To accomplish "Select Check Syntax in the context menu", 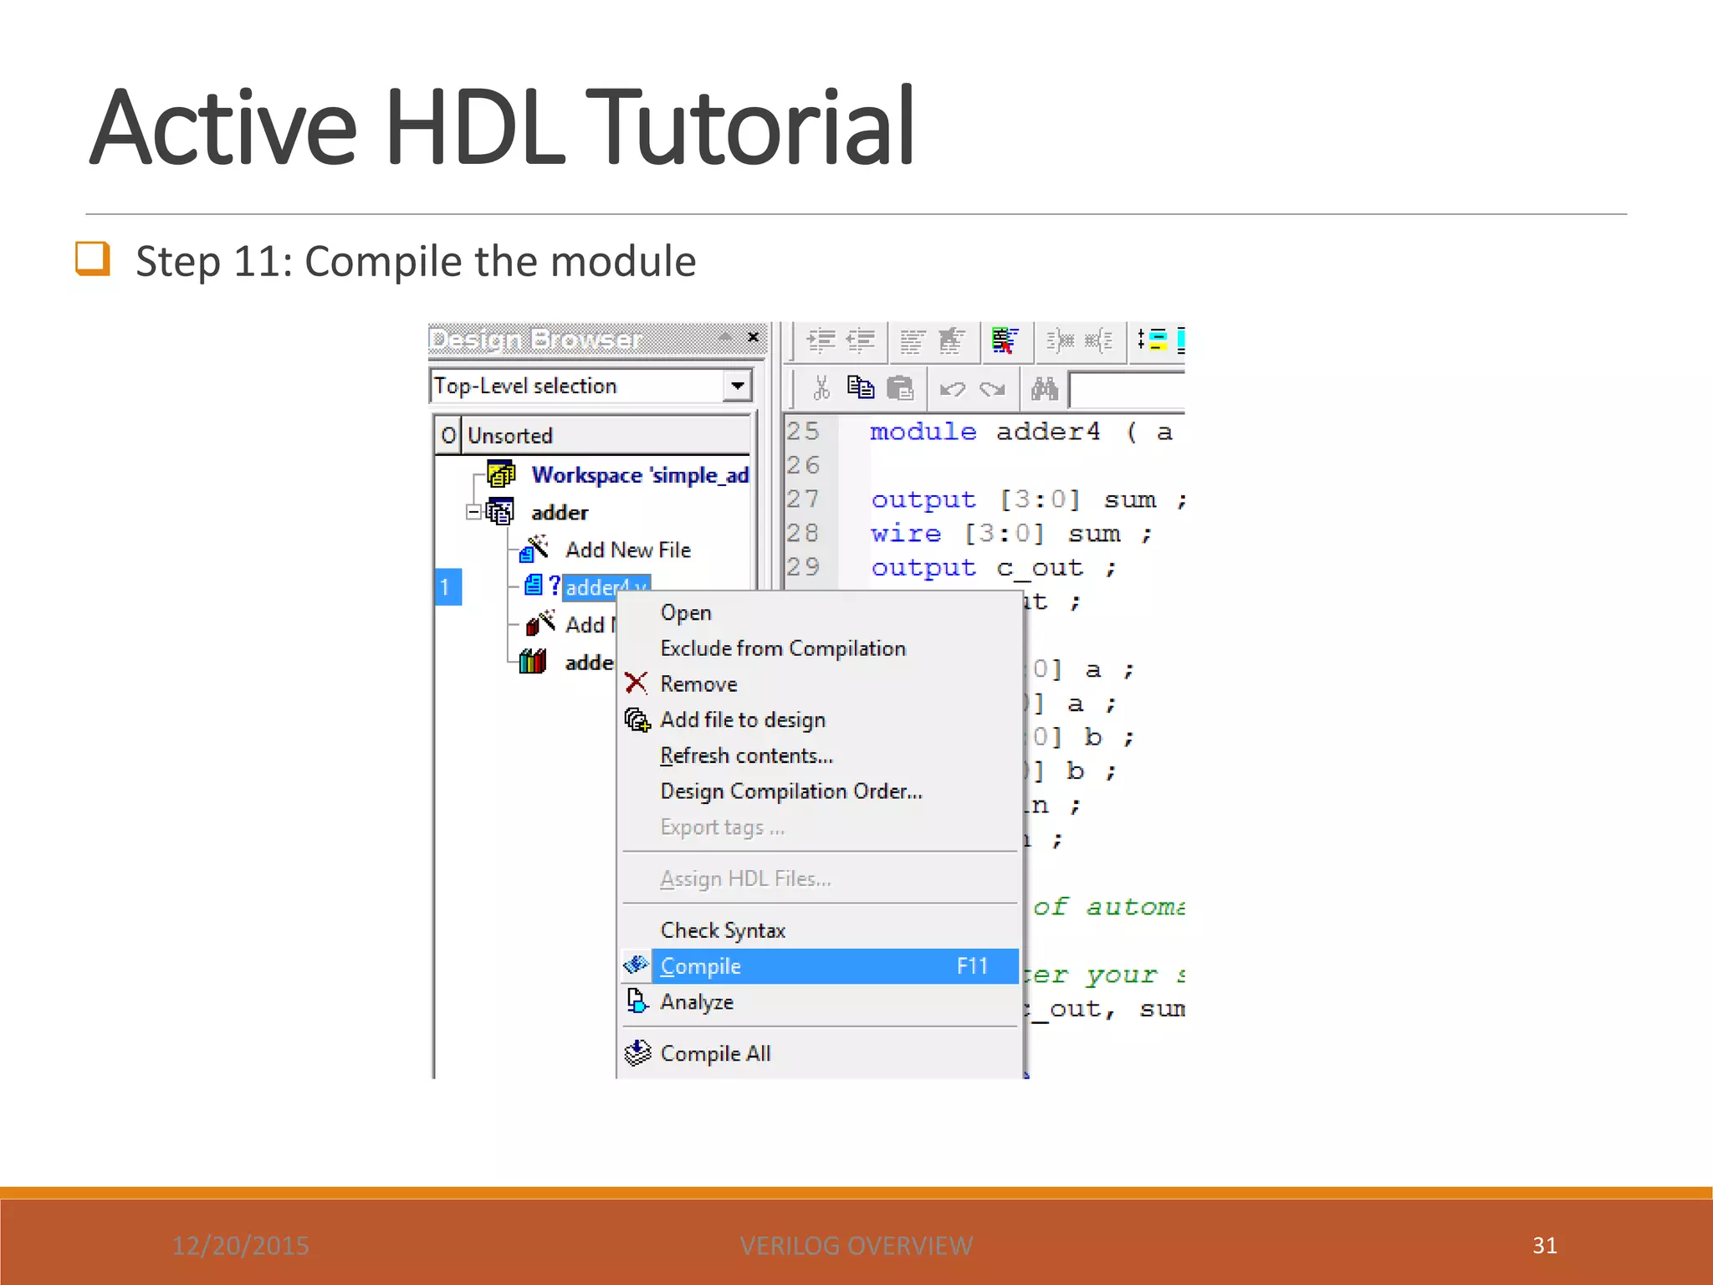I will [723, 930].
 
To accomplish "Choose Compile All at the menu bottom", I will [715, 1053].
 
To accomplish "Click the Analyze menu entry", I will [696, 1001].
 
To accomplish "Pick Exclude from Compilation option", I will [782, 648].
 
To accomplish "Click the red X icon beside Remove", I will [636, 683].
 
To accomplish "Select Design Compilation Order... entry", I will [790, 791].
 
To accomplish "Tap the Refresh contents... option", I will [746, 755].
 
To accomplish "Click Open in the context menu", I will [685, 612].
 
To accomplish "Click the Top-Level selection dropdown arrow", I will [737, 386].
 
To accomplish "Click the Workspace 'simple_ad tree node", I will [639, 475].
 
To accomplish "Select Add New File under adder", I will [627, 550].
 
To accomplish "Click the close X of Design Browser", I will [753, 337].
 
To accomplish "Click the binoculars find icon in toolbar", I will [1044, 389].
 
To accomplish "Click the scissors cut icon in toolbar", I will [821, 388].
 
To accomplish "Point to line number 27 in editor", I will [802, 499].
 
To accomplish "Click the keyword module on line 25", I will [923, 432].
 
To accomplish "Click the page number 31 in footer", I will [1544, 1245].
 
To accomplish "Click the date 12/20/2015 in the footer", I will [240, 1246].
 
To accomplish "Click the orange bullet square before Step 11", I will [92, 258].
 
